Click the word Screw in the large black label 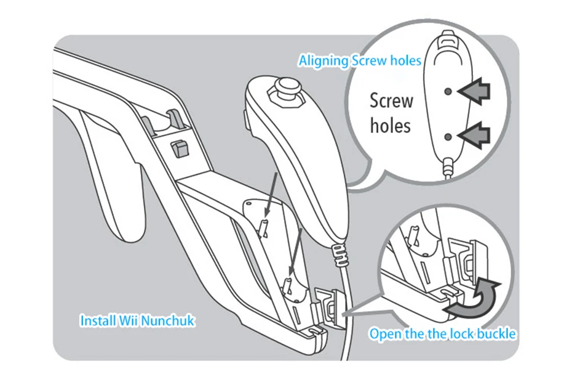point(391,100)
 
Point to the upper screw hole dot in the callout point(448,91)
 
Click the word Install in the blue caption point(97,321)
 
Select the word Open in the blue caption point(384,334)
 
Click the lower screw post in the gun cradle point(288,285)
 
